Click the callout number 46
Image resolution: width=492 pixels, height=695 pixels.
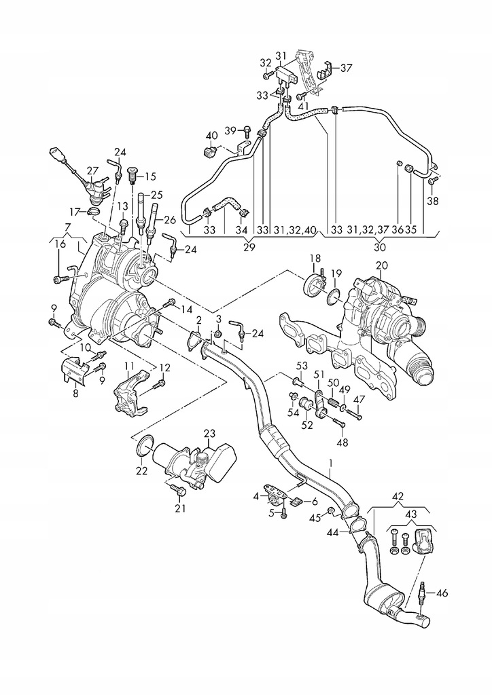(442, 593)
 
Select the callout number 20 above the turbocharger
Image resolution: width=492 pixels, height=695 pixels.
(381, 266)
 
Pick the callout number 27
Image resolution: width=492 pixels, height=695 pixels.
(92, 171)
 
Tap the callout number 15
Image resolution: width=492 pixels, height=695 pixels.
(150, 177)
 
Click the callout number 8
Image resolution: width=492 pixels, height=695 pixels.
(75, 392)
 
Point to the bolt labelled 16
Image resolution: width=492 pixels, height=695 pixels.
(62, 279)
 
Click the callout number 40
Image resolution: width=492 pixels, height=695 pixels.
(211, 135)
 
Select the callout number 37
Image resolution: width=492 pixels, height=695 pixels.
(346, 68)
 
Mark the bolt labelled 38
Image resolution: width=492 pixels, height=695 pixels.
(432, 181)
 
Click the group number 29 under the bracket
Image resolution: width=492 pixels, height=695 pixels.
(249, 248)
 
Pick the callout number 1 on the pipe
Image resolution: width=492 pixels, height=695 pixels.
(330, 464)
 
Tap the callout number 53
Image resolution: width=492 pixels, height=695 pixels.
(302, 366)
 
